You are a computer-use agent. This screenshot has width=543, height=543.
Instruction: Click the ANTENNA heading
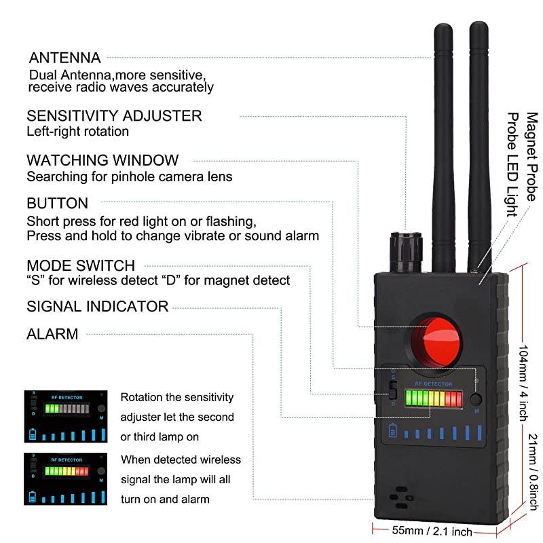click(x=64, y=58)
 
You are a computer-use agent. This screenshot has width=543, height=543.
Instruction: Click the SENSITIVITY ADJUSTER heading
click(x=114, y=115)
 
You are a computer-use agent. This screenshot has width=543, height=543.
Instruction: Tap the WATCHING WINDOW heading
click(x=102, y=160)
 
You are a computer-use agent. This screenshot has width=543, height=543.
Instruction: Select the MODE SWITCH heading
click(x=81, y=265)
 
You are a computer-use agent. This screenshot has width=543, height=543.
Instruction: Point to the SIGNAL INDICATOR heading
click(x=97, y=306)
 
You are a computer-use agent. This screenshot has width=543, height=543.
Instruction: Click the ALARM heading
click(x=52, y=334)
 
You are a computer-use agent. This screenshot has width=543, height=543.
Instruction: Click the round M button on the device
click(x=476, y=399)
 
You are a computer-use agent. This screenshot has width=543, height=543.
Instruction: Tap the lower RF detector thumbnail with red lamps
click(x=67, y=479)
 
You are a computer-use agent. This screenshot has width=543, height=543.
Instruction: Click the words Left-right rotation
click(x=77, y=131)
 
